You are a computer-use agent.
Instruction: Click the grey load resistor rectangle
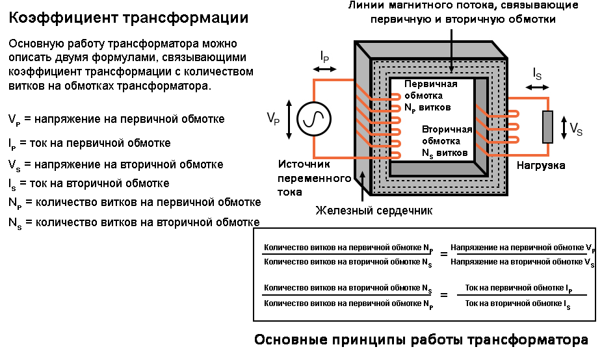[547, 127]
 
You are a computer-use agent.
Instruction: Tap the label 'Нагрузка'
[541, 165]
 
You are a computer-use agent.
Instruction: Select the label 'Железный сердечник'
[374, 211]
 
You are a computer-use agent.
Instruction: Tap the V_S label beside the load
[576, 129]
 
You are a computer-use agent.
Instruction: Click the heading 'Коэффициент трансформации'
[128, 18]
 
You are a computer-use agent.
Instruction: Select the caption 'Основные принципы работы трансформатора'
[421, 340]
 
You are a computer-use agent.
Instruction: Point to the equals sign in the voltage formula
[444, 254]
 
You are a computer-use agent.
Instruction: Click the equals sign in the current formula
[444, 296]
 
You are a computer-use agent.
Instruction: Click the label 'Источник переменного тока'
[304, 178]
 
